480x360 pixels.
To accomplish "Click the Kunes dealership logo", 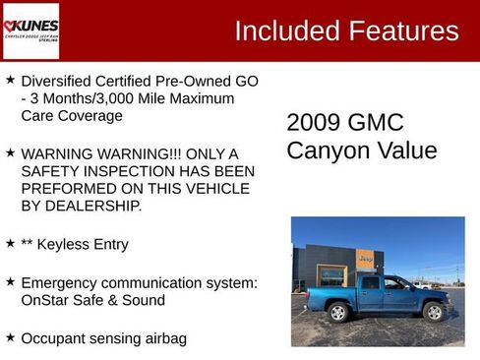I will pyautogui.click(x=30, y=30).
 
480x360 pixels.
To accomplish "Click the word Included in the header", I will pyautogui.click(x=286, y=30).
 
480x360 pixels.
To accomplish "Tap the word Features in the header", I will pyautogui.click(x=402, y=30).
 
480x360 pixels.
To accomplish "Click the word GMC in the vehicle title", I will pyautogui.click(x=378, y=123).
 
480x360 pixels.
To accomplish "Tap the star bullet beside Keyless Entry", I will pyautogui.click(x=10, y=242).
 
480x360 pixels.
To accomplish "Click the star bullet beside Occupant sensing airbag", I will pyautogui.click(x=10, y=337).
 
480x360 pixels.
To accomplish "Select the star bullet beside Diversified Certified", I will pyautogui.click(x=10, y=80).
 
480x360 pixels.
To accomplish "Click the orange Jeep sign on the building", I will pyautogui.click(x=365, y=259).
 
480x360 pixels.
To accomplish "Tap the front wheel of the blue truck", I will pyautogui.click(x=433, y=312).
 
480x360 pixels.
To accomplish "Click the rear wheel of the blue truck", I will pyautogui.click(x=339, y=313).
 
